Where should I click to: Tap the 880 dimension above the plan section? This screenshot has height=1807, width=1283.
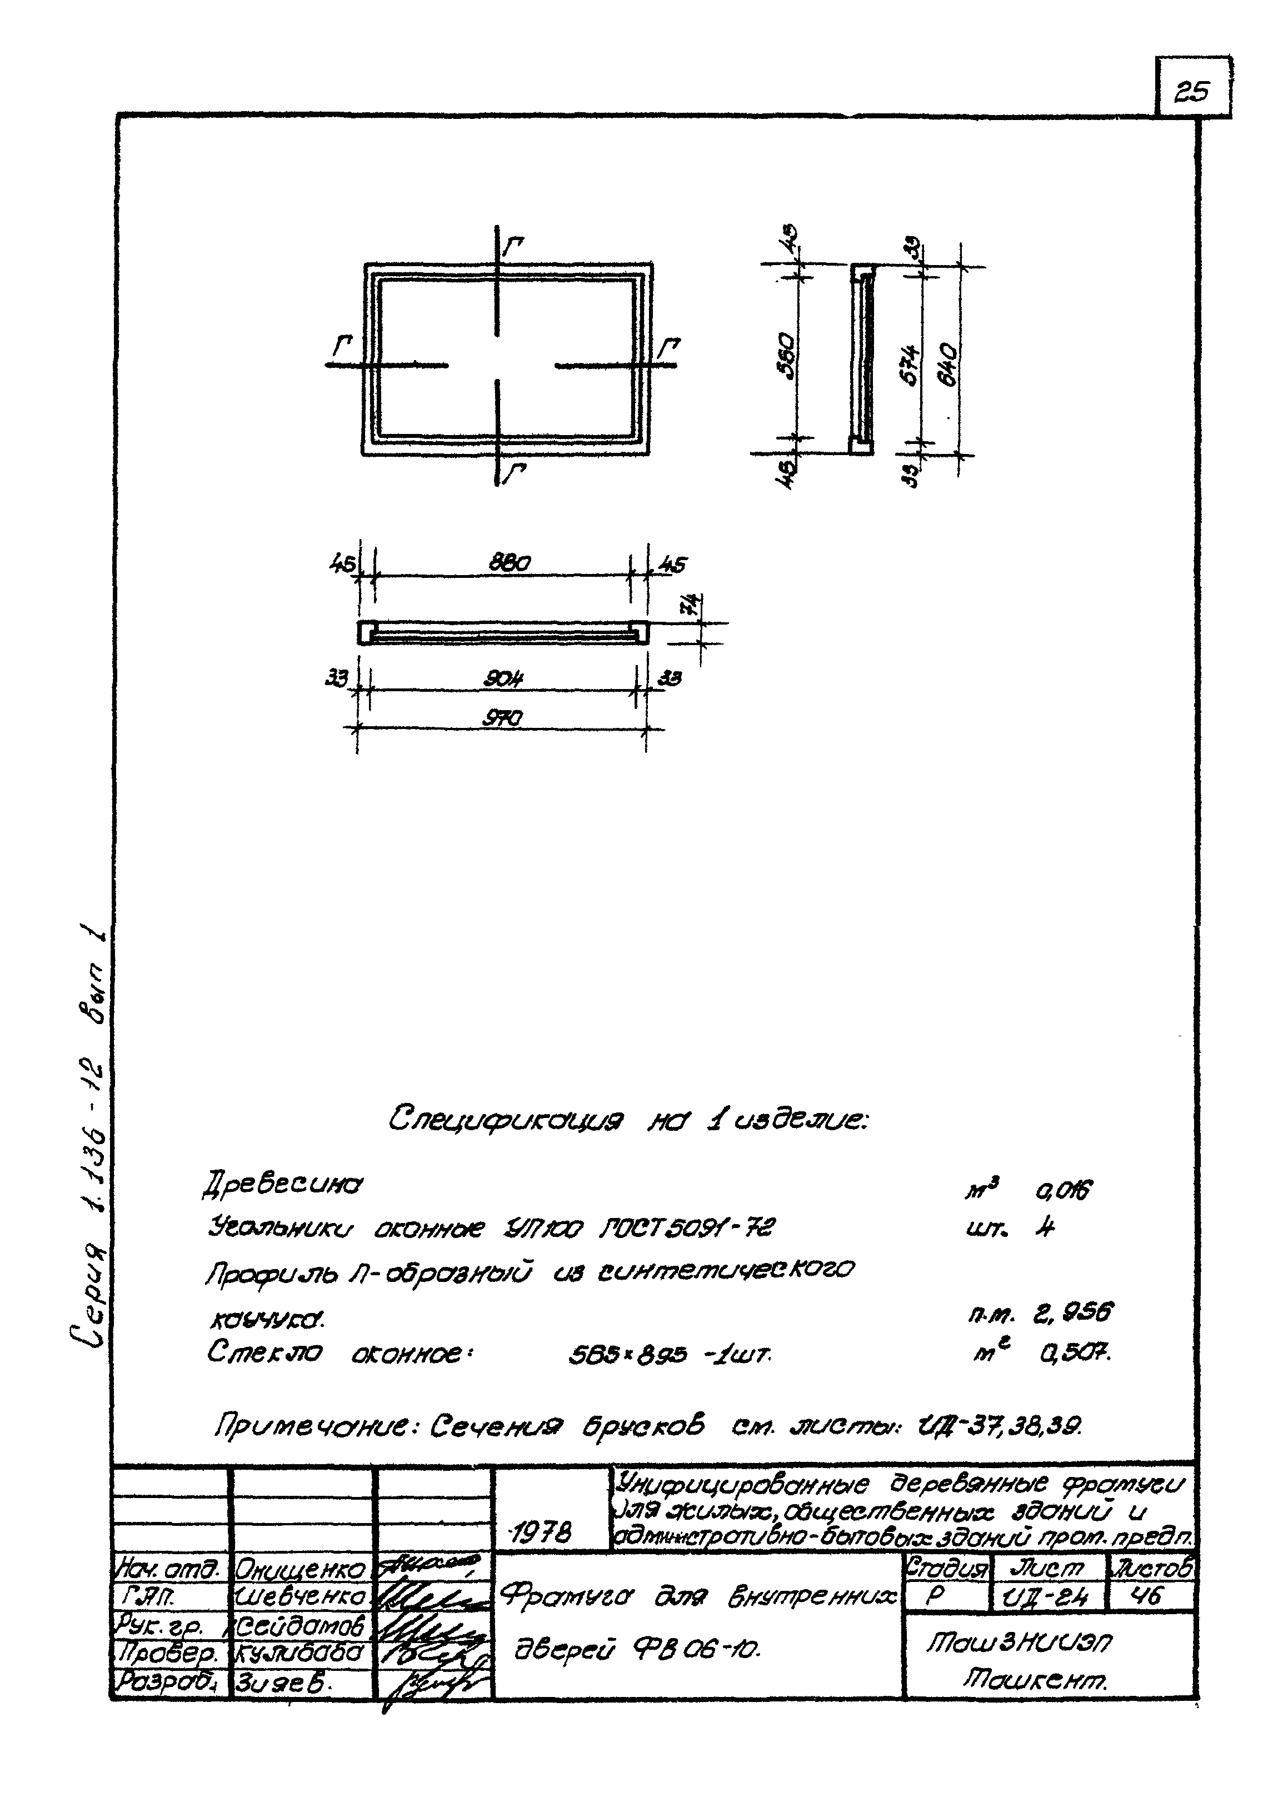510,563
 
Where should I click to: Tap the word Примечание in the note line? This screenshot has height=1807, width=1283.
320,1426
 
